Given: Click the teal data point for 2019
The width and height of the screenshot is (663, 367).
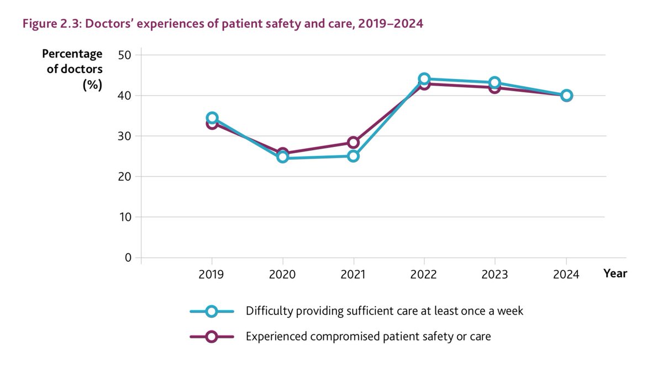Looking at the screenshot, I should tap(212, 118).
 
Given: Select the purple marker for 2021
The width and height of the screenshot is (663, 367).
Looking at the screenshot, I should tap(354, 143).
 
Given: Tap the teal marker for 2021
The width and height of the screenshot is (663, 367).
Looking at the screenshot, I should tap(354, 156).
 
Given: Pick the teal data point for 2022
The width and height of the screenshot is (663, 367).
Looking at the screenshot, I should tap(424, 78).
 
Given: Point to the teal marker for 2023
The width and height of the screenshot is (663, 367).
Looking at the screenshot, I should tap(495, 82).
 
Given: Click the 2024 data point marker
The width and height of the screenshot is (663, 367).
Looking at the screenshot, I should tap(566, 96).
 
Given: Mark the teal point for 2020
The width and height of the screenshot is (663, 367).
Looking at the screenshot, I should tap(283, 157).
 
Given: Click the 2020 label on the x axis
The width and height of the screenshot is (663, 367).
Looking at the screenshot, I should tap(283, 275).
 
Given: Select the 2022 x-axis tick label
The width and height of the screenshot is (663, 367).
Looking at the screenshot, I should tap(424, 275).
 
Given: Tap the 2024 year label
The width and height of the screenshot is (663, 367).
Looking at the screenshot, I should tap(566, 275).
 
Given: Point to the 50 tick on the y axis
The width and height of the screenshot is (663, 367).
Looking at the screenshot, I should tap(125, 55).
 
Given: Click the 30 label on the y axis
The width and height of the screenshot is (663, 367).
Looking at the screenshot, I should tap(125, 136).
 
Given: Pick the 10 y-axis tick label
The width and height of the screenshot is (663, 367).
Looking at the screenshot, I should tap(125, 217).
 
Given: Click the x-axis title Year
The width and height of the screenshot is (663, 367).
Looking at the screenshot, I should tap(615, 273).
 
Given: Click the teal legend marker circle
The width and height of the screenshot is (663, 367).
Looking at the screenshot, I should tap(211, 311).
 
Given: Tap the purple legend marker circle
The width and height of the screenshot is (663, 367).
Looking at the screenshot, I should tap(211, 336).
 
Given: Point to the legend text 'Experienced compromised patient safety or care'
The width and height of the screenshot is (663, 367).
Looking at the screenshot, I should tap(369, 336).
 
